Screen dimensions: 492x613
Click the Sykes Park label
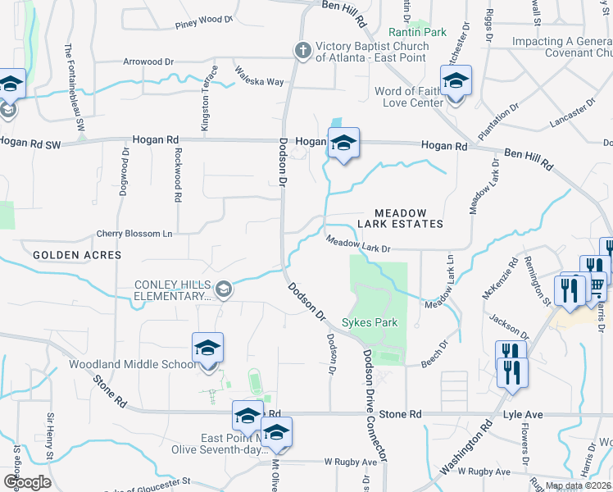click(370, 322)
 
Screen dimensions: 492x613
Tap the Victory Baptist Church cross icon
click(302, 51)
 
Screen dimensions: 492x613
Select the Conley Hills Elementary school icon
click(222, 289)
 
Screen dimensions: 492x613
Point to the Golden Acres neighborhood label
click(77, 255)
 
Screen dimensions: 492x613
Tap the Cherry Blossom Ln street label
click(134, 234)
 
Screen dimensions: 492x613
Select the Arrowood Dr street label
click(148, 61)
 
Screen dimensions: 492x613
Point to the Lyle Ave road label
click(524, 415)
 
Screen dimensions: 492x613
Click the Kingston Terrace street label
click(206, 107)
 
